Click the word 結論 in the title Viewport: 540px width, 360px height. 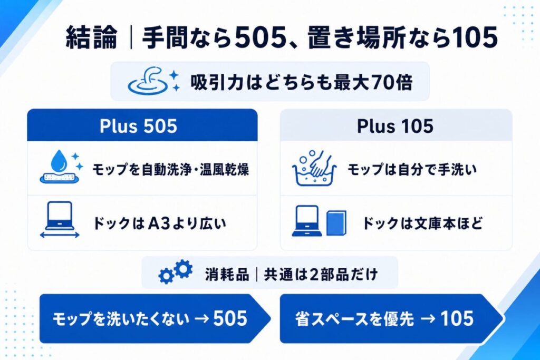pos(92,37)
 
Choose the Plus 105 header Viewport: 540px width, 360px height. pos(395,126)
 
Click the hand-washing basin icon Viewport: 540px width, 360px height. pos(314,168)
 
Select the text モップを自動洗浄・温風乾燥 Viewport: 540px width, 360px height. pos(170,169)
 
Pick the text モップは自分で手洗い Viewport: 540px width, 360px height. pos(412,169)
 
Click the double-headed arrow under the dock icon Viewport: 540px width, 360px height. pos(60,235)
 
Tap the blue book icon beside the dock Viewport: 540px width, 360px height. pos(336,223)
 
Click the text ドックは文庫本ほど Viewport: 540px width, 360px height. pos(422,223)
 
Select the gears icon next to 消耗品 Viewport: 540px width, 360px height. pos(175,272)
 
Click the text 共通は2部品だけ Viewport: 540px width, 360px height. pos(321,275)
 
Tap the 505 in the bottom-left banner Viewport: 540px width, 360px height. pos(230,318)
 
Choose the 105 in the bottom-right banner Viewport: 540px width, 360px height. pos(457,318)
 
